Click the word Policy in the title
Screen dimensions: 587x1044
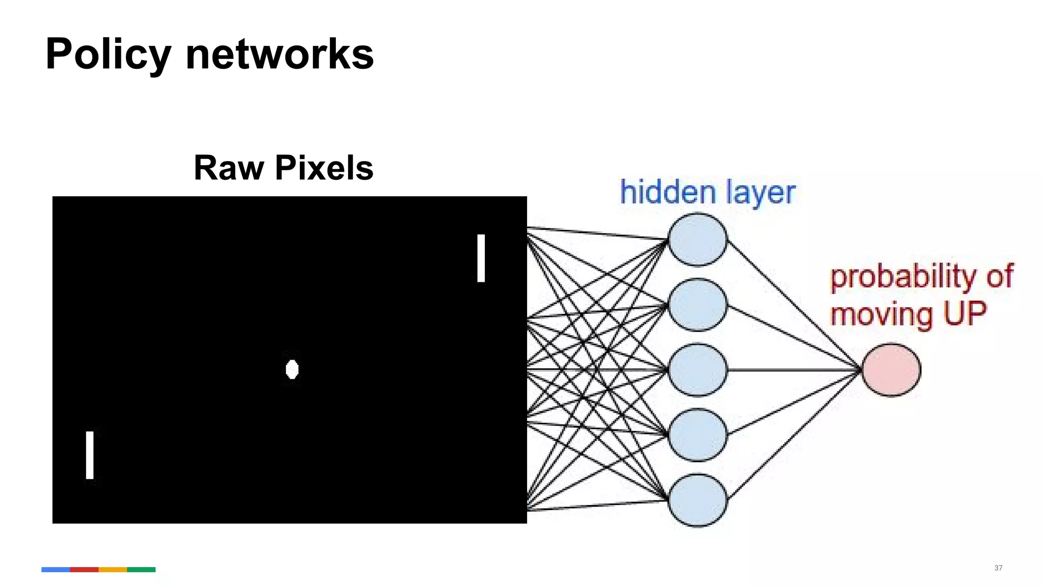coord(108,54)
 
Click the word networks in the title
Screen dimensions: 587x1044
coord(279,54)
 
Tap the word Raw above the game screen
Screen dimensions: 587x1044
coord(229,168)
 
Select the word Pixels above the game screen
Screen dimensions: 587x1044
coord(324,168)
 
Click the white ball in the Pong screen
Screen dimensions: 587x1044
coord(292,369)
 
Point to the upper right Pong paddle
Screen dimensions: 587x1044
coord(481,258)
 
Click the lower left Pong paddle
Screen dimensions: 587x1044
coord(90,455)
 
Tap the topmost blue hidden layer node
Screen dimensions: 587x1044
coord(697,239)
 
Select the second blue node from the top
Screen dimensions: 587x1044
coord(697,305)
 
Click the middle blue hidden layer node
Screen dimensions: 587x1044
coord(697,370)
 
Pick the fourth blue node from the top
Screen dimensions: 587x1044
coord(697,435)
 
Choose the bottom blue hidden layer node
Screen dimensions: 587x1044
coord(697,500)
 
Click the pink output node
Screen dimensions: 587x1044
coord(891,370)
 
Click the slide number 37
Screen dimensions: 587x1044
coord(998,568)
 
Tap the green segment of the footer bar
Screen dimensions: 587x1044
coord(141,570)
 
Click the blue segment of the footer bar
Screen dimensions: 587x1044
coord(56,570)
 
